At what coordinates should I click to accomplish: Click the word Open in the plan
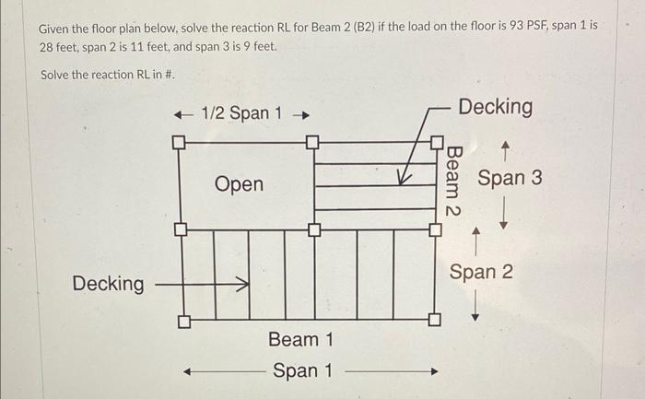coord(239,184)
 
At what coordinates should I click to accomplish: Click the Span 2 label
coord(481,272)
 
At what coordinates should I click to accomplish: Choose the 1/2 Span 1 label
coord(241,113)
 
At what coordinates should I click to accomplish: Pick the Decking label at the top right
coord(495,107)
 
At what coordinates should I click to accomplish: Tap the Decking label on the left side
coord(109,284)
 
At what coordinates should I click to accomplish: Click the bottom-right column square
coord(433,321)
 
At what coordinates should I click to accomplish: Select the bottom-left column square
coord(183,323)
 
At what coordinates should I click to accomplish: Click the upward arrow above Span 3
coord(504,146)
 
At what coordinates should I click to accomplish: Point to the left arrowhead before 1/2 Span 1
coord(182,114)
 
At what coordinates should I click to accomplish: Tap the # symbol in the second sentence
coord(170,74)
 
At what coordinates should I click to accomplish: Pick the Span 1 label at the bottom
coord(301,371)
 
